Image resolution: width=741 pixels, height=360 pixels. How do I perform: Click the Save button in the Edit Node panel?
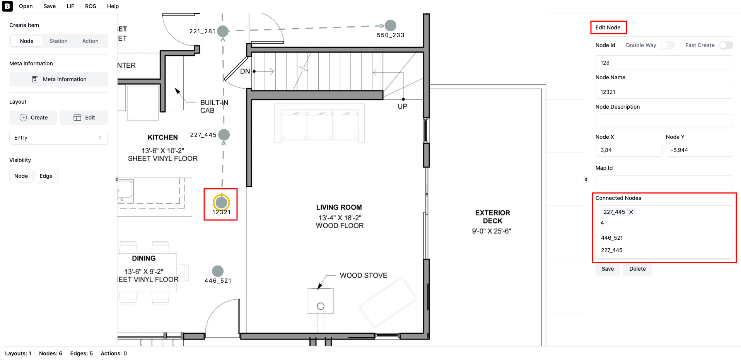point(608,269)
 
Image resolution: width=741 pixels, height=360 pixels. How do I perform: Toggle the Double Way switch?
point(668,45)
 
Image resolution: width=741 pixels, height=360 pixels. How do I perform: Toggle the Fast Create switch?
point(726,45)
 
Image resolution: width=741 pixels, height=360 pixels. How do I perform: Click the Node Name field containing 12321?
point(664,92)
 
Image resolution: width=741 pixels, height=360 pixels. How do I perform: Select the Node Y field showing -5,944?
point(699,150)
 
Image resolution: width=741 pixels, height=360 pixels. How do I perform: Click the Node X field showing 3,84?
point(629,150)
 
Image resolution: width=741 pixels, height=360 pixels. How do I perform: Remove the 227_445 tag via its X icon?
point(631,212)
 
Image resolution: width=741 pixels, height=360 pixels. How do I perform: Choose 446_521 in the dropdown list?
point(612,238)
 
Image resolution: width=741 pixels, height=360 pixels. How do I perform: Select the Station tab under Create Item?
point(58,41)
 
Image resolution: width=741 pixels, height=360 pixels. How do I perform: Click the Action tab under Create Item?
point(90,41)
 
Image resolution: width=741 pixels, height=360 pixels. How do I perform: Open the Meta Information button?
point(59,79)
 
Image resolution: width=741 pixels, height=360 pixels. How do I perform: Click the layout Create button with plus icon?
point(33,118)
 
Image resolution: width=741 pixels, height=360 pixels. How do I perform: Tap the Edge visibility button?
point(46,176)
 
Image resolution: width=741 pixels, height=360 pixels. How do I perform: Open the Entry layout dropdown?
point(58,138)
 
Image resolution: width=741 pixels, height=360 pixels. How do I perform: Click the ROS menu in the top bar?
point(90,6)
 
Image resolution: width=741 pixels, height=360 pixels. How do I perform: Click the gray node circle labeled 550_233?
point(391,26)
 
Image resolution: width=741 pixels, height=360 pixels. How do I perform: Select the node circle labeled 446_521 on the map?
point(218,271)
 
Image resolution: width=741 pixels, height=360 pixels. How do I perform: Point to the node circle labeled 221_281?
point(223,31)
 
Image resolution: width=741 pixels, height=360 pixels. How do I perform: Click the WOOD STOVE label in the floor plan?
point(364,275)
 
